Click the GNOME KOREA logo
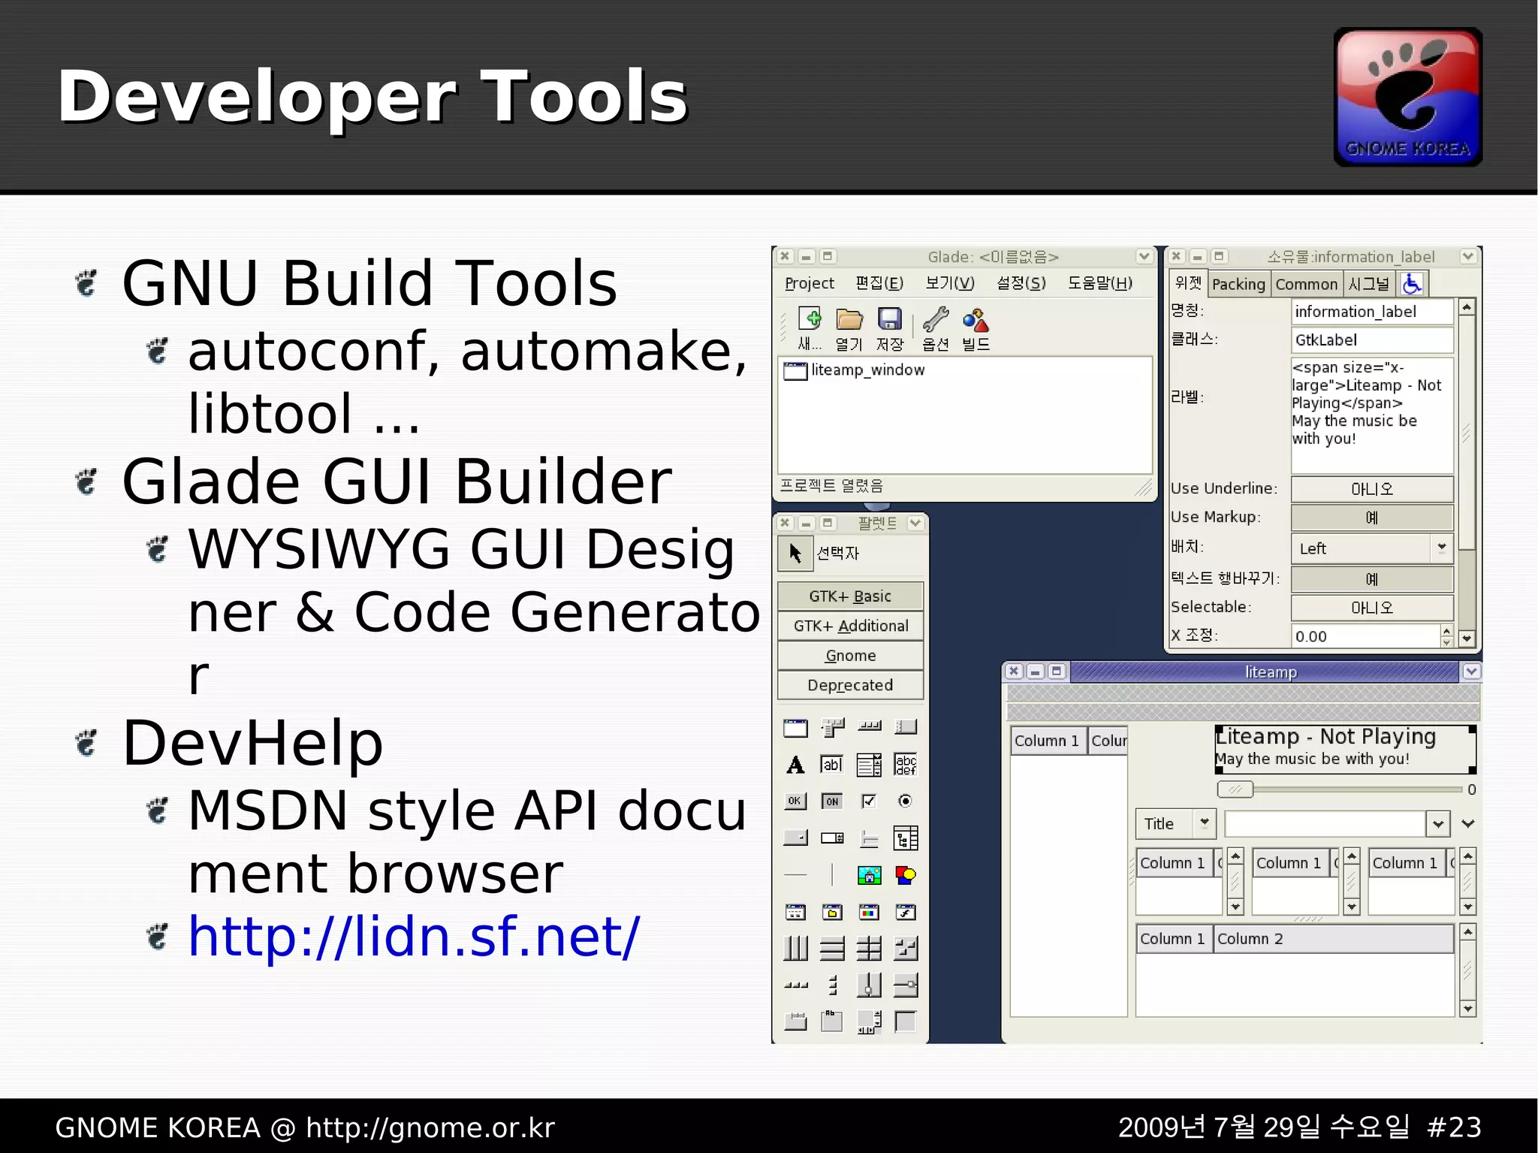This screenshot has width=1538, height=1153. click(1407, 97)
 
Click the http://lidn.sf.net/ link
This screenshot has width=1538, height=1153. click(413, 937)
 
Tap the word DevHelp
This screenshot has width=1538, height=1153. click(252, 743)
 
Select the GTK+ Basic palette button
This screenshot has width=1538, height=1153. click(850, 596)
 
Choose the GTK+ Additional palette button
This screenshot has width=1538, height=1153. click(850, 626)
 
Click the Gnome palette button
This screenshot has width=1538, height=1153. click(850, 656)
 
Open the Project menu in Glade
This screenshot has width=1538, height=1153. click(809, 283)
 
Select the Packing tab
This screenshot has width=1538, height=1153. click(1238, 284)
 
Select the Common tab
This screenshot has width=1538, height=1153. click(1306, 284)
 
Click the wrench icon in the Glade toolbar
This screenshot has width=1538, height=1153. click(936, 320)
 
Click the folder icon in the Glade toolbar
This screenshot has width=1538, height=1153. click(849, 320)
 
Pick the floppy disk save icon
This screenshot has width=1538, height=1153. click(890, 320)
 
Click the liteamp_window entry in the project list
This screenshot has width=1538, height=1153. click(867, 370)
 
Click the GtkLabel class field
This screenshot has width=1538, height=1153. click(1371, 340)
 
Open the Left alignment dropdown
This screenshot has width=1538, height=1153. click(1371, 548)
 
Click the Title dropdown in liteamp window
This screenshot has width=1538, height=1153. click(1175, 823)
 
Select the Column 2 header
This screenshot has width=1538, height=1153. click(1250, 939)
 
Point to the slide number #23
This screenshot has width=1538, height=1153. click(1454, 1127)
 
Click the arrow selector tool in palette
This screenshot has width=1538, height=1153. click(795, 554)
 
